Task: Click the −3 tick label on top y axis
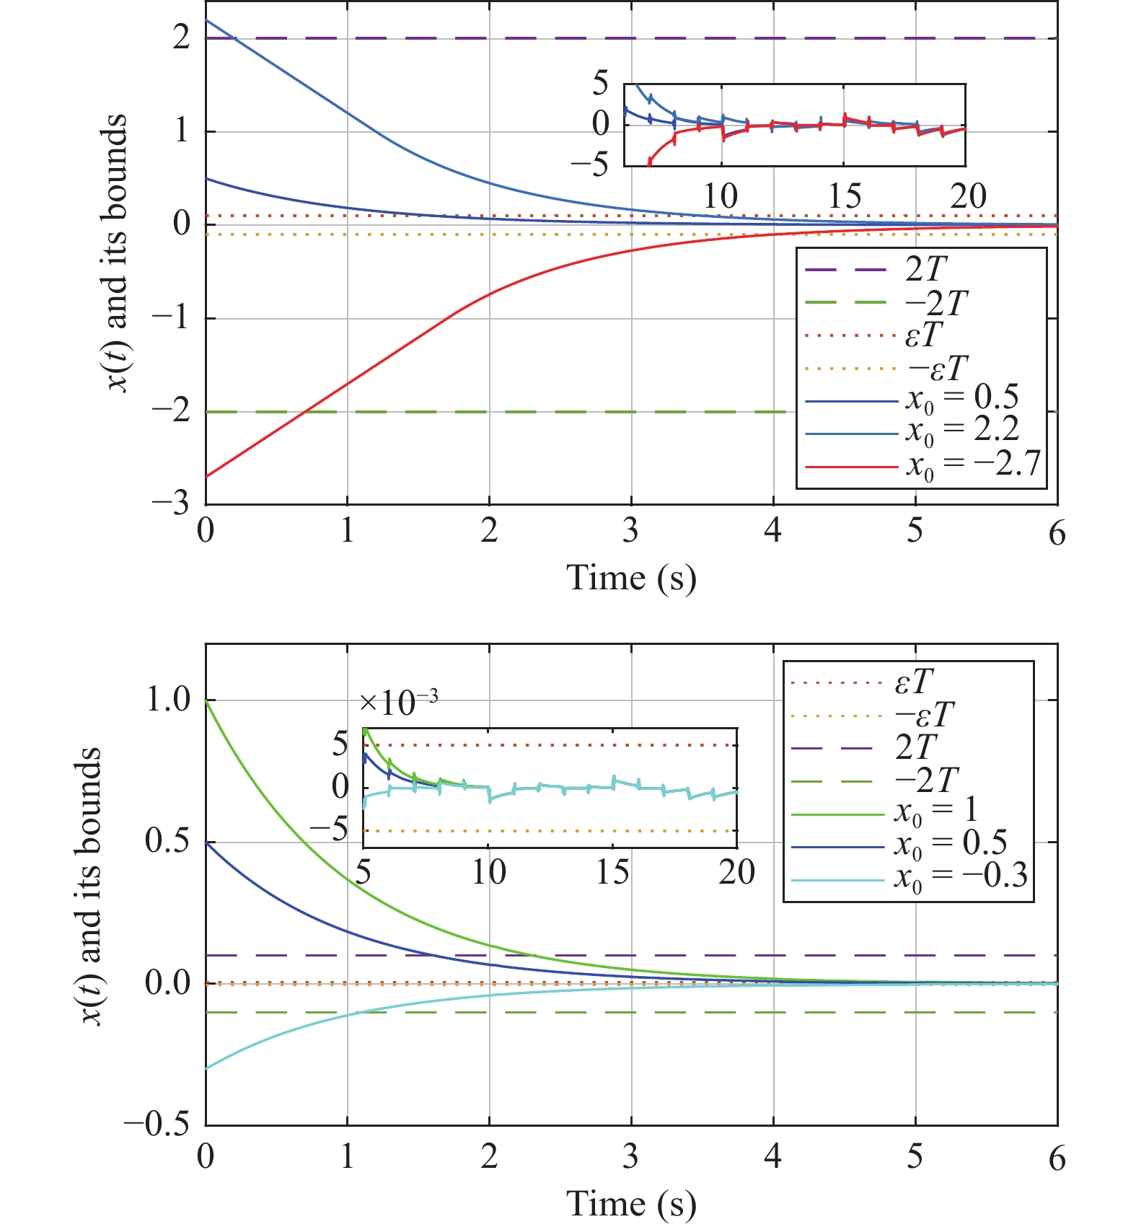170,503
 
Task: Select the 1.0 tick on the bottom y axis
167,700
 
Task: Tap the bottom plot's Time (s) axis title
631,1204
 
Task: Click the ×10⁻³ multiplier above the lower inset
398,702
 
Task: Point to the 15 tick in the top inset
844,196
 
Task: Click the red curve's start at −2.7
206,476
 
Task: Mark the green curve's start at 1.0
206,700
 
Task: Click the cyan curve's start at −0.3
206,1068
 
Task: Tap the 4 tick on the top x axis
773,532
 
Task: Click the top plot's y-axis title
115,252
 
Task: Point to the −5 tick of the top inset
590,166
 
